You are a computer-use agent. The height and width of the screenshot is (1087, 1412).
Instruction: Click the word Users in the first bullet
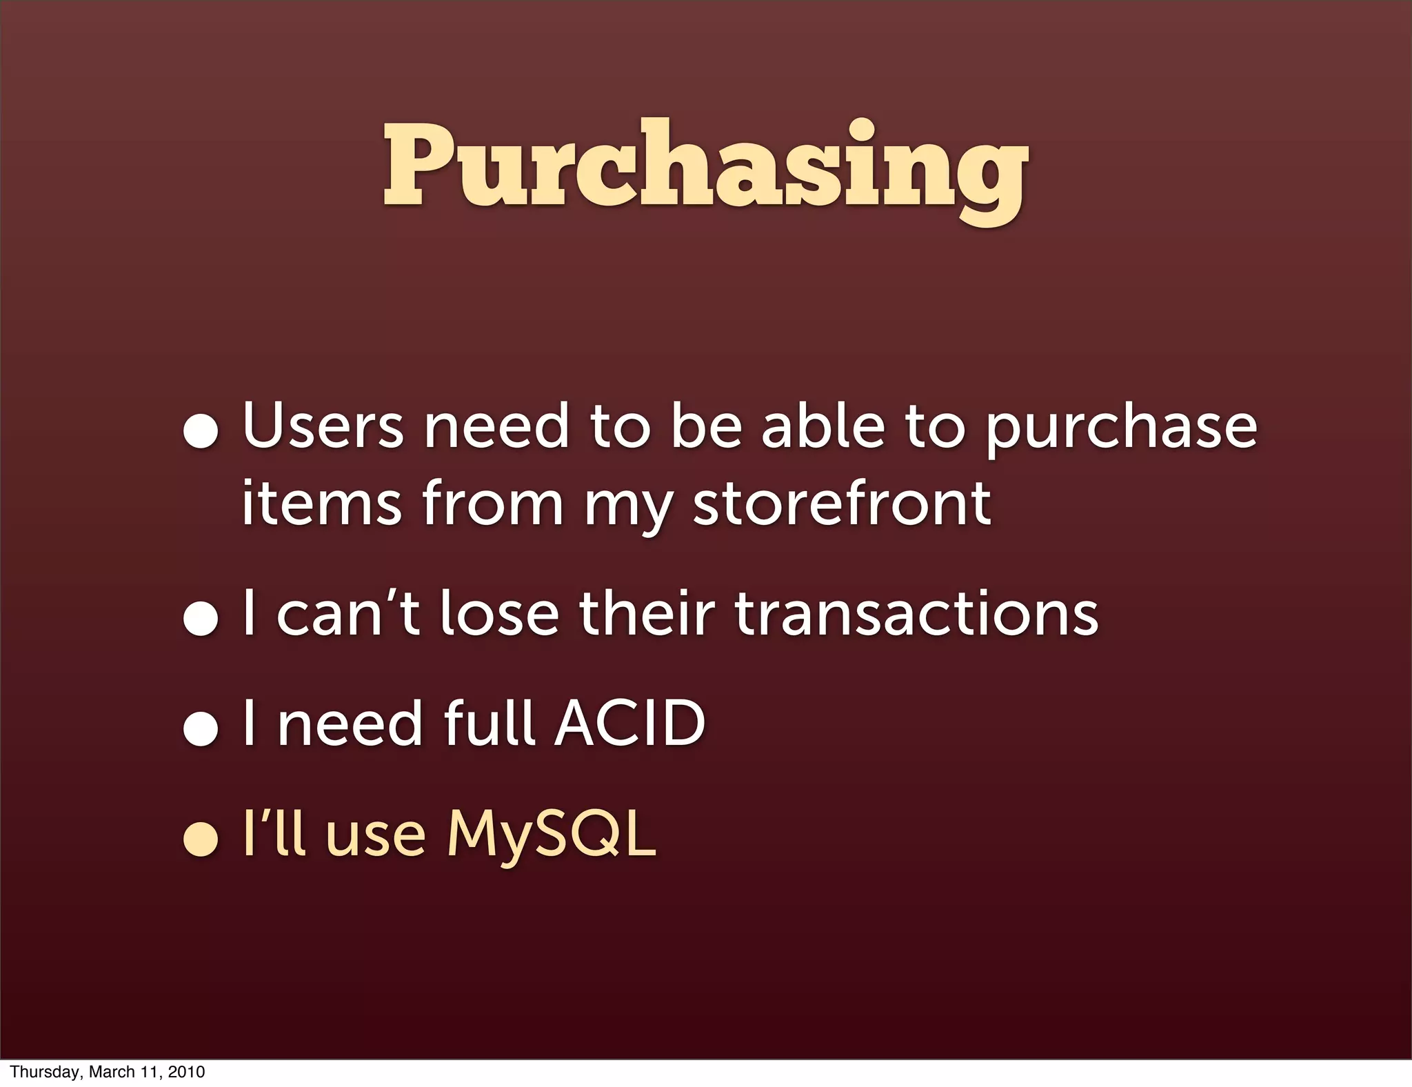(x=322, y=426)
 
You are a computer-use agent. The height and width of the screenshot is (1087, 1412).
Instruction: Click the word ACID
(x=630, y=723)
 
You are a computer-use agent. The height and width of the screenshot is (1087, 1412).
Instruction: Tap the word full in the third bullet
(x=490, y=723)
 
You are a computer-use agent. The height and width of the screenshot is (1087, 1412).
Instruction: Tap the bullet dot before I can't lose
(x=201, y=618)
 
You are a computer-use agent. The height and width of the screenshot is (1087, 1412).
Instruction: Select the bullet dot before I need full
(x=201, y=728)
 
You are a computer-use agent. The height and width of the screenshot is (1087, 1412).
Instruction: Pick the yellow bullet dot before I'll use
(x=201, y=839)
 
